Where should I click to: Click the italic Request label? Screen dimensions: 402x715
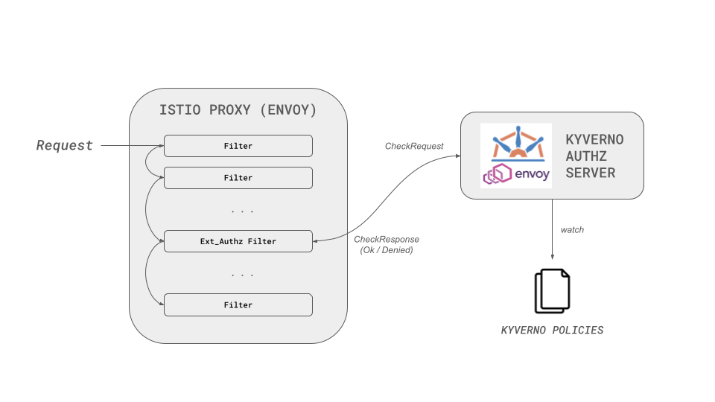pyautogui.click(x=65, y=145)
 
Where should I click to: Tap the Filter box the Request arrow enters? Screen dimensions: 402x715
pyautogui.click(x=238, y=146)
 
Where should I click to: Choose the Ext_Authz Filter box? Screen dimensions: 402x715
pyautogui.click(x=238, y=241)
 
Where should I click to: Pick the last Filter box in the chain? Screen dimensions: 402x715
pyautogui.click(x=238, y=304)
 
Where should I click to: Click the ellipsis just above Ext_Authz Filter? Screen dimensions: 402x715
pyautogui.click(x=242, y=211)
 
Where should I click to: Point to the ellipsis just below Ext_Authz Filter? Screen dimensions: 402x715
pyautogui.click(x=242, y=275)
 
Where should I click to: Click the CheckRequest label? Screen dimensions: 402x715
pyautogui.click(x=414, y=147)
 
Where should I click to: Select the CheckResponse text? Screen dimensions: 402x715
pyautogui.click(x=386, y=239)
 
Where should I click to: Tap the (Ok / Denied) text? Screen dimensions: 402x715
pyautogui.click(x=386, y=250)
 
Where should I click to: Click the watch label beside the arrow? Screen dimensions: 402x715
pyautogui.click(x=572, y=230)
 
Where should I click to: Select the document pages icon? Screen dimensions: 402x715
pyautogui.click(x=552, y=291)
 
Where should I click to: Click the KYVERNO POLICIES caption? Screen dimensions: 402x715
pyautogui.click(x=552, y=330)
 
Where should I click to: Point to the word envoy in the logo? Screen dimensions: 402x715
pyautogui.click(x=532, y=175)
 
